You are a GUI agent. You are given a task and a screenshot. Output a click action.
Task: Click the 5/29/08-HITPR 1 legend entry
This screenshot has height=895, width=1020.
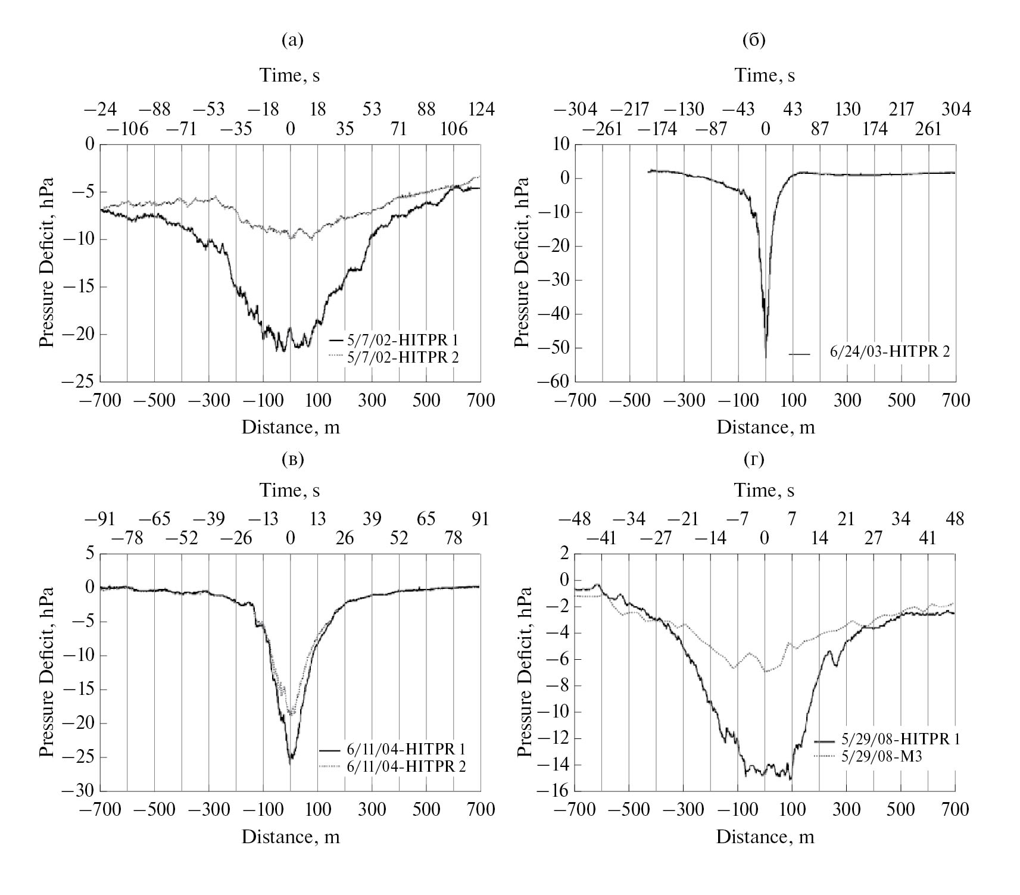point(887,740)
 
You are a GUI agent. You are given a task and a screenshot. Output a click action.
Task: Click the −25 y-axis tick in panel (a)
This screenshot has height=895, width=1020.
point(82,382)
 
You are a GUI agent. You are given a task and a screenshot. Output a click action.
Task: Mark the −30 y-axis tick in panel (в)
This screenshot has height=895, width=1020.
point(82,791)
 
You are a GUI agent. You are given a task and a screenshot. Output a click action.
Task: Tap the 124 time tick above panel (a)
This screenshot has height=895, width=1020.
point(481,110)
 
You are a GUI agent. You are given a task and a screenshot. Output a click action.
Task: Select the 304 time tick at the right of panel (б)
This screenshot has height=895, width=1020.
point(956,110)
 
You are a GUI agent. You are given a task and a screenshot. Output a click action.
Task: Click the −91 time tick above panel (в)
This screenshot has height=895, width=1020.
point(101,519)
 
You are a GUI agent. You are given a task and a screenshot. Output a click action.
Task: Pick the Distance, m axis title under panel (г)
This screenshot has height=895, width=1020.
point(765,837)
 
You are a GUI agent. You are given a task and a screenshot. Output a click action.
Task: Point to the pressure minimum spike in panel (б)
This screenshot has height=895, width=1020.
point(766,356)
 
